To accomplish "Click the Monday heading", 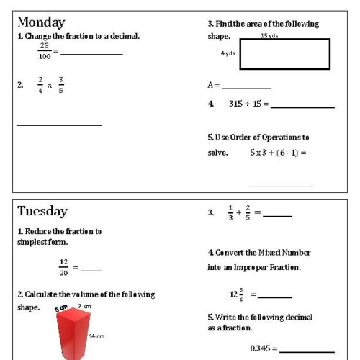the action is coord(41,22).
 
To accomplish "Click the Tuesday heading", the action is coord(42,211).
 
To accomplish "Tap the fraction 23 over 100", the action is coord(45,50).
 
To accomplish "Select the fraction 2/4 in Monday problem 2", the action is coord(40,84).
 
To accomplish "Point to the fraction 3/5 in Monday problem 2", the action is coord(60,84).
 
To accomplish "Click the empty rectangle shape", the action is coord(284,54).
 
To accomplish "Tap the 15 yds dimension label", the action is coord(269,35).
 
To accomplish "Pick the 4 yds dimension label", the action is coord(228,53).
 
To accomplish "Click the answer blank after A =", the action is coord(246,87).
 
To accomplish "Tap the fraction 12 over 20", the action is coord(63,266).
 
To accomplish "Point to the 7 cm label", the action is coord(85,307).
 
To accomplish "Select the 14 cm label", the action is coord(96,336).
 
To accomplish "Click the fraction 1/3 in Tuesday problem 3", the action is coord(230,212).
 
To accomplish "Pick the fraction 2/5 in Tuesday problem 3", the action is coord(248,212).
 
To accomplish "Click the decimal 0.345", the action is coord(260,348).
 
